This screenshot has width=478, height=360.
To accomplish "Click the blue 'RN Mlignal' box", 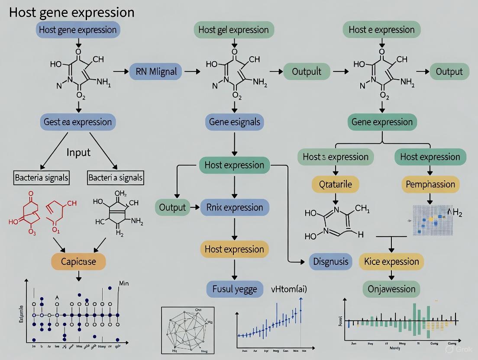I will tap(156, 72).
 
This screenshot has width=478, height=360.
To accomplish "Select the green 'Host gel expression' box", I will tap(233, 30).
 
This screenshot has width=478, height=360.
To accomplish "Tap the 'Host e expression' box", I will tap(381, 30).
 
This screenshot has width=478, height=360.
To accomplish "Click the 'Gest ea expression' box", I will tap(78, 122).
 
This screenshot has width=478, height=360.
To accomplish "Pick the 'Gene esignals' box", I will tap(234, 122).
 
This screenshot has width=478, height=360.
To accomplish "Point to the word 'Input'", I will tap(78, 152).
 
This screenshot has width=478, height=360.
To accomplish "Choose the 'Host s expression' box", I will tap(336, 157).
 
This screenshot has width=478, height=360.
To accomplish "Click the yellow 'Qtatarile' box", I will tap(336, 185).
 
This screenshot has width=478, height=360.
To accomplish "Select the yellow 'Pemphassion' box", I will tap(430, 185).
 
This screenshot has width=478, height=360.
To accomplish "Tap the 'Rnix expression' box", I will tap(234, 207).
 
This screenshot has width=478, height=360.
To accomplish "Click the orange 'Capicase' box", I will tap(78, 261).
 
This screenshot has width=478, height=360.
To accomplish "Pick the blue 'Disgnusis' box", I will tap(330, 261).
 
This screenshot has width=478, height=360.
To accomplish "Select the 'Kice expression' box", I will tap(391, 261).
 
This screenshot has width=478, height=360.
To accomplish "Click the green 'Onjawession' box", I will tap(391, 289).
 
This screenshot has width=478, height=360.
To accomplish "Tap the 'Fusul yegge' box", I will tap(234, 289).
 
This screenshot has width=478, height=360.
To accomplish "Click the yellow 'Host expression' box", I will tap(234, 249).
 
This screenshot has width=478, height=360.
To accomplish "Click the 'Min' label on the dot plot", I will tap(123, 284).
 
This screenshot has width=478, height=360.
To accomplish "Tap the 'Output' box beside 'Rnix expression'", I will tap(172, 207).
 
